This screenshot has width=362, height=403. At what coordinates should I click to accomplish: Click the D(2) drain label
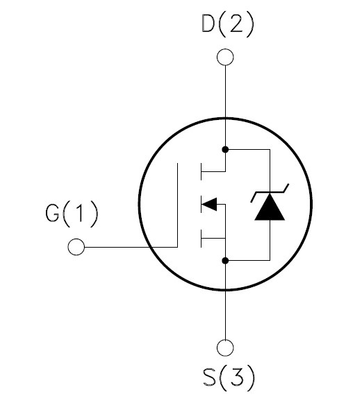click(228, 24)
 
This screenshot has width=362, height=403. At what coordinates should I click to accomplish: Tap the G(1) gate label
click(72, 213)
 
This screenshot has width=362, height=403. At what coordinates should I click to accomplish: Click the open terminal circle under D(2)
click(225, 57)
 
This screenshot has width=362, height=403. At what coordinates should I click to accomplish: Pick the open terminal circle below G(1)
click(76, 247)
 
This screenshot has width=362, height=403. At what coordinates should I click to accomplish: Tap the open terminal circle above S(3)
click(225, 348)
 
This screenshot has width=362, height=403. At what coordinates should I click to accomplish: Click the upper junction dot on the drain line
click(225, 149)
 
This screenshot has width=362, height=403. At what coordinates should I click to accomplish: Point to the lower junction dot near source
click(225, 261)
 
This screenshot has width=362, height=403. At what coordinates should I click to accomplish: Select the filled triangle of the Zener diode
click(270, 207)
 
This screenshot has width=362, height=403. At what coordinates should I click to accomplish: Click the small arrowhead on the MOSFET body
click(209, 205)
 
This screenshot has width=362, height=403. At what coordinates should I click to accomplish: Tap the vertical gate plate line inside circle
click(177, 205)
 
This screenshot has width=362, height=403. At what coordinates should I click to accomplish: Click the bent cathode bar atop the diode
click(270, 193)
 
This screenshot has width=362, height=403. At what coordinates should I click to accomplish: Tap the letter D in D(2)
click(208, 24)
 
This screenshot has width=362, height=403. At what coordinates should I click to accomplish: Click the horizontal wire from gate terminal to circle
click(131, 247)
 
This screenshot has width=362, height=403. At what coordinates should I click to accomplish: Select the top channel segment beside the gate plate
click(201, 171)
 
